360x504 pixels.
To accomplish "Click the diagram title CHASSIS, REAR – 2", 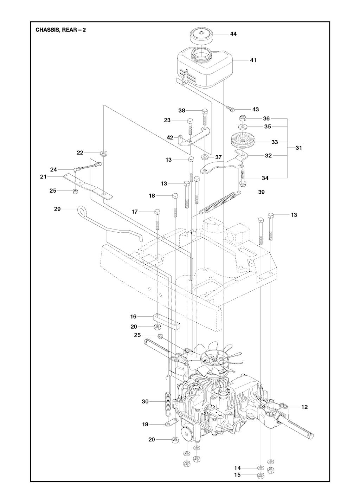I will (60, 30).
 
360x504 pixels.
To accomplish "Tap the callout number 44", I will (233, 34).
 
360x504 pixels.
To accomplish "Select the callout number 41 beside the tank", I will (253, 60).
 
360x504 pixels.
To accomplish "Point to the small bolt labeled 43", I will (231, 110).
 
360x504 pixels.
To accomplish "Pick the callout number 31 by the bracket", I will (299, 148).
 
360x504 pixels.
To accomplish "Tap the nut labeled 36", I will (243, 118).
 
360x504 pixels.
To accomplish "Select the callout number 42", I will (170, 137).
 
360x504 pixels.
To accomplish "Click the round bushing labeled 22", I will (104, 153).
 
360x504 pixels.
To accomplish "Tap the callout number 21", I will (43, 177).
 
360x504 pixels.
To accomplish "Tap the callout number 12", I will (304, 407).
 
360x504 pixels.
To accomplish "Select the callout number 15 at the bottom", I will (237, 475).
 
